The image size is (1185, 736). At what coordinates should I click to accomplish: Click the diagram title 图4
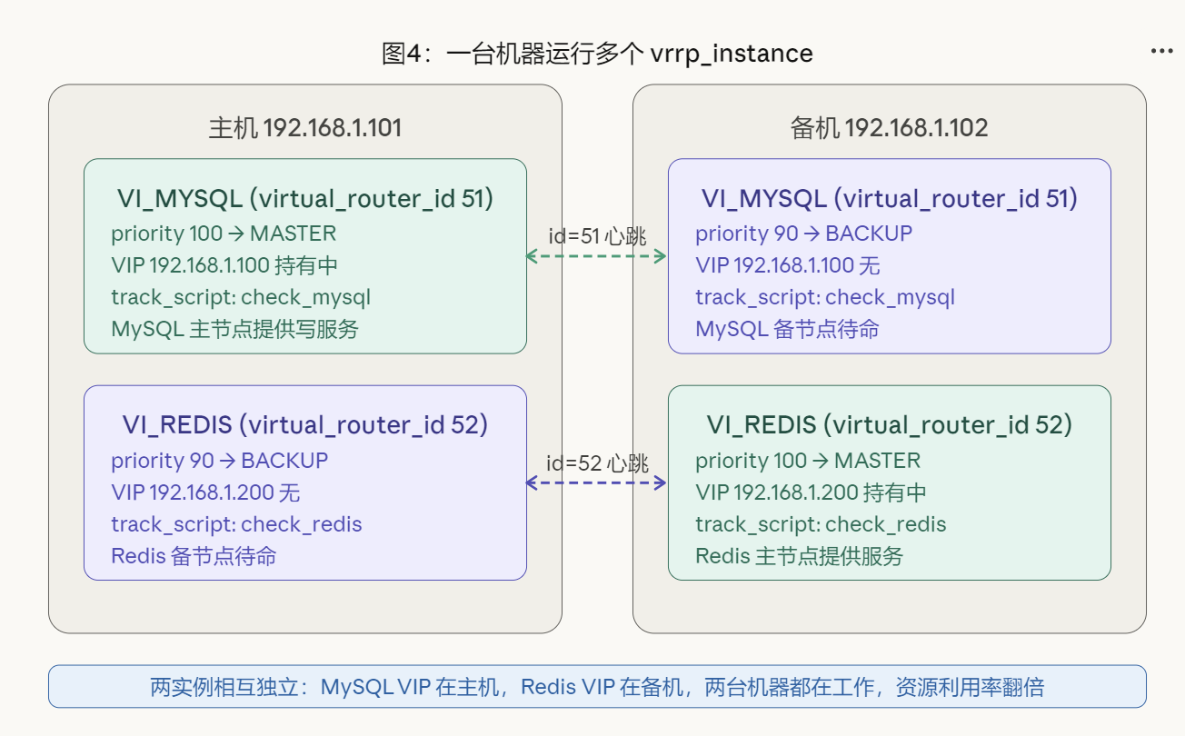(596, 54)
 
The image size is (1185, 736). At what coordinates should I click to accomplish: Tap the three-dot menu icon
(1161, 51)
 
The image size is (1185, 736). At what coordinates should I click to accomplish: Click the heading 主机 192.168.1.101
(304, 127)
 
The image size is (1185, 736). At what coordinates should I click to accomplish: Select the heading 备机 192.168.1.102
(889, 127)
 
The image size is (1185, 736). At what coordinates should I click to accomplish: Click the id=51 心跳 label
(597, 236)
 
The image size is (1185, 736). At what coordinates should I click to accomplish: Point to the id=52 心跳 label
(597, 463)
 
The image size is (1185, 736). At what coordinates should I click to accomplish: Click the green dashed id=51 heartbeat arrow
(597, 256)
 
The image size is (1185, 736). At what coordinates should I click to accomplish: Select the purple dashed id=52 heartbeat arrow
(597, 483)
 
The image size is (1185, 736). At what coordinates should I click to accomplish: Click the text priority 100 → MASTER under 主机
(224, 234)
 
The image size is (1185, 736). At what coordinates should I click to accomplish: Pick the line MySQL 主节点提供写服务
(234, 328)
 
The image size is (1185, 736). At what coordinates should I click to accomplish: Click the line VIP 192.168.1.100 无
(787, 265)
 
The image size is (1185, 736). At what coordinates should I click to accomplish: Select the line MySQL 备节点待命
(787, 328)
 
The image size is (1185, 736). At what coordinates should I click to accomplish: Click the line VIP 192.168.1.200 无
(205, 492)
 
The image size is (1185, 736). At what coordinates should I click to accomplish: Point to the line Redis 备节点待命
(194, 555)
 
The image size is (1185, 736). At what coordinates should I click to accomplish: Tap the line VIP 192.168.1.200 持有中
(811, 492)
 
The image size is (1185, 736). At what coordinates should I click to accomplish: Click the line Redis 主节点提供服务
(799, 555)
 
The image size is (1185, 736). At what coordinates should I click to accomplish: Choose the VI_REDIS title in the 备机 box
(889, 424)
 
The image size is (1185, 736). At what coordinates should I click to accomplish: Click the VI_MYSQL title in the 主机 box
(304, 198)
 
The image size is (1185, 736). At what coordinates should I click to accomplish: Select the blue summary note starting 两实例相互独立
(597, 686)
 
